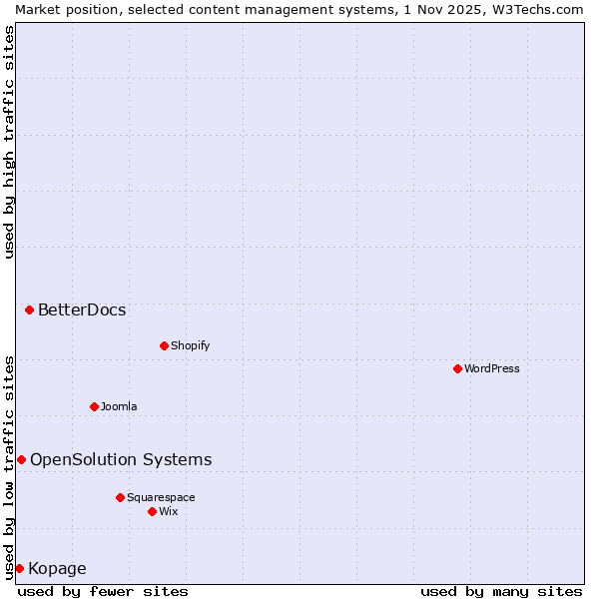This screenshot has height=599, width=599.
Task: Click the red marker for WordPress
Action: pyautogui.click(x=457, y=368)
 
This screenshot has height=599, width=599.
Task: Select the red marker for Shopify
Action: pyautogui.click(x=164, y=345)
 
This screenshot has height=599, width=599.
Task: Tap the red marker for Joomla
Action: pyautogui.click(x=94, y=406)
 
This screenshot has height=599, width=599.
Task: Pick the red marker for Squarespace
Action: pyautogui.click(x=120, y=497)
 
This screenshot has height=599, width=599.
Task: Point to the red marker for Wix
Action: pyautogui.click(x=152, y=511)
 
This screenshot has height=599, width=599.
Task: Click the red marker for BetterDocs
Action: pyautogui.click(x=29, y=309)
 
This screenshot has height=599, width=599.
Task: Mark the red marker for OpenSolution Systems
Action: pyautogui.click(x=21, y=459)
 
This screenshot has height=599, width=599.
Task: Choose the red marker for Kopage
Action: pyautogui.click(x=19, y=568)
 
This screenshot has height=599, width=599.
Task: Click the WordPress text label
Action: pyautogui.click(x=492, y=368)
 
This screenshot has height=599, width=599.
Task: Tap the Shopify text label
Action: pyautogui.click(x=190, y=345)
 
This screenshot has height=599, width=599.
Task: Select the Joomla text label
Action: pyautogui.click(x=119, y=406)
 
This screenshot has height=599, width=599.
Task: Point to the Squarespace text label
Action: pyautogui.click(x=161, y=497)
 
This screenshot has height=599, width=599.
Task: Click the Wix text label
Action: pyautogui.click(x=169, y=511)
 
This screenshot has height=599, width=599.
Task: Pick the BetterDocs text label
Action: pyautogui.click(x=82, y=309)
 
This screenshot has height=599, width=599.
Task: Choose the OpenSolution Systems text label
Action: pyautogui.click(x=121, y=459)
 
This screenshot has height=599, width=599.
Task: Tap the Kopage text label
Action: pyautogui.click(x=57, y=569)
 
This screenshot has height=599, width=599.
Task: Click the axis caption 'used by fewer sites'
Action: pyautogui.click(x=103, y=591)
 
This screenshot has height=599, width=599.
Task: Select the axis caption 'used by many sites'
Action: pyautogui.click(x=501, y=591)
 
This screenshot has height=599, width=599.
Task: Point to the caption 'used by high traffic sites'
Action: pyautogui.click(x=9, y=142)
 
